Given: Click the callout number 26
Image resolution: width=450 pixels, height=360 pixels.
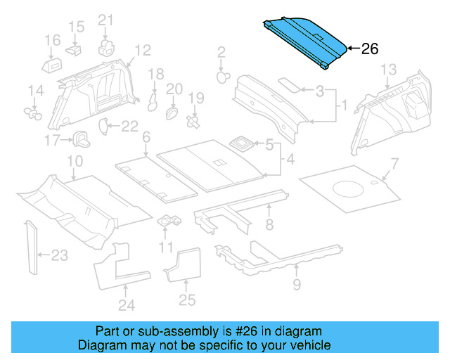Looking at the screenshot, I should pyautogui.click(x=370, y=49).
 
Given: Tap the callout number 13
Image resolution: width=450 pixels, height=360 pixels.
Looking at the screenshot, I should pyautogui.click(x=389, y=69).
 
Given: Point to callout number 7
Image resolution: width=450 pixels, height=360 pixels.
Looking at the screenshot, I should pyautogui.click(x=394, y=164).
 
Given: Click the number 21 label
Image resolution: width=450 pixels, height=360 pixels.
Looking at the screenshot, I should pyautogui.click(x=105, y=19).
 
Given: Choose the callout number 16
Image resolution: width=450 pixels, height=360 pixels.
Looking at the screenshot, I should pyautogui.click(x=53, y=41).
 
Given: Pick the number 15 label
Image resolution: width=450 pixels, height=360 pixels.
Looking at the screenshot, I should pyautogui.click(x=76, y=27).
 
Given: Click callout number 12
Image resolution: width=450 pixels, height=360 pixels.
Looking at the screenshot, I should pyautogui.click(x=143, y=50).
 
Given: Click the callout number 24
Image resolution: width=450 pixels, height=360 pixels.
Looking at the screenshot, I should pyautogui.click(x=126, y=304).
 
